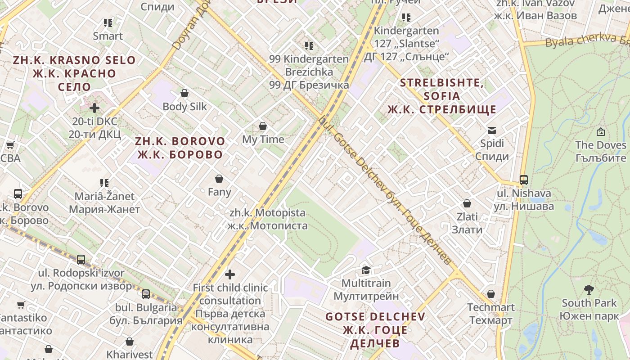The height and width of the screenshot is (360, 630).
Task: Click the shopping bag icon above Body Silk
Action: (x=184, y=93)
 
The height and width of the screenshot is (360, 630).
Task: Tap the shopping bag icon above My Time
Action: (x=263, y=126)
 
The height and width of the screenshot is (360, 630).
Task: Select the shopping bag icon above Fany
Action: (x=219, y=179)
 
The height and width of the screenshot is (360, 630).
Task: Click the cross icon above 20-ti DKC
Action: (x=94, y=108)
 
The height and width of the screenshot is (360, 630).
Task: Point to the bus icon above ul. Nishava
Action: (x=524, y=180)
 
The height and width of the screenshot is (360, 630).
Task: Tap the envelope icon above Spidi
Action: (x=492, y=130)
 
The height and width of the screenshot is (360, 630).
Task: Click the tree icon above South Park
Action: (x=589, y=290)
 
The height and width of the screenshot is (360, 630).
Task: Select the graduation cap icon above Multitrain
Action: (x=366, y=270)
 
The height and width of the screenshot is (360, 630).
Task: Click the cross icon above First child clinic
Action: (x=230, y=274)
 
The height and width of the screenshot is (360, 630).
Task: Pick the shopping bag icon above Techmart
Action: (x=491, y=294)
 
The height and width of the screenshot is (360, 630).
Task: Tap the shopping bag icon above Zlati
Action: (x=467, y=203)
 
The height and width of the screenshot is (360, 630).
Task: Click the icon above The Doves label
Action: (x=600, y=132)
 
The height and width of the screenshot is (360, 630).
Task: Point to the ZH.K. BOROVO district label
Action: (x=180, y=148)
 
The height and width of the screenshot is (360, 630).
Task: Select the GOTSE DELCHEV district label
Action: (x=375, y=330)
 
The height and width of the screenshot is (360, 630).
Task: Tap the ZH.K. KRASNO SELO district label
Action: (x=74, y=73)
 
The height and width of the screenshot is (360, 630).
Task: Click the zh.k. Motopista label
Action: (x=268, y=219)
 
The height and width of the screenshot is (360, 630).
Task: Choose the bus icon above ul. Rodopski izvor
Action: (x=81, y=260)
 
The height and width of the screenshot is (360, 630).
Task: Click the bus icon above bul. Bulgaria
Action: (x=146, y=294)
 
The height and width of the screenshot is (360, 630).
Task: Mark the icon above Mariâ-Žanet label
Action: (x=104, y=183)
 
